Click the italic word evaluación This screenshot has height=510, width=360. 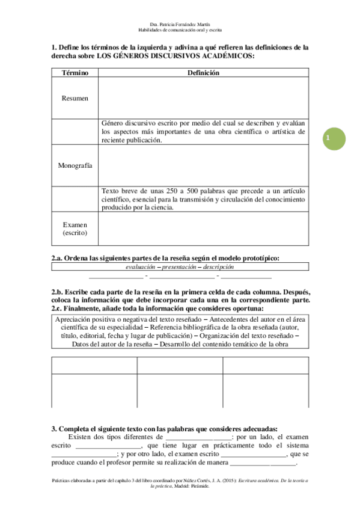click(x=140, y=267)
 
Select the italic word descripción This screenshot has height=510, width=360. click(x=218, y=267)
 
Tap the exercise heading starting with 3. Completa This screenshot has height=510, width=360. click(x=164, y=428)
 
